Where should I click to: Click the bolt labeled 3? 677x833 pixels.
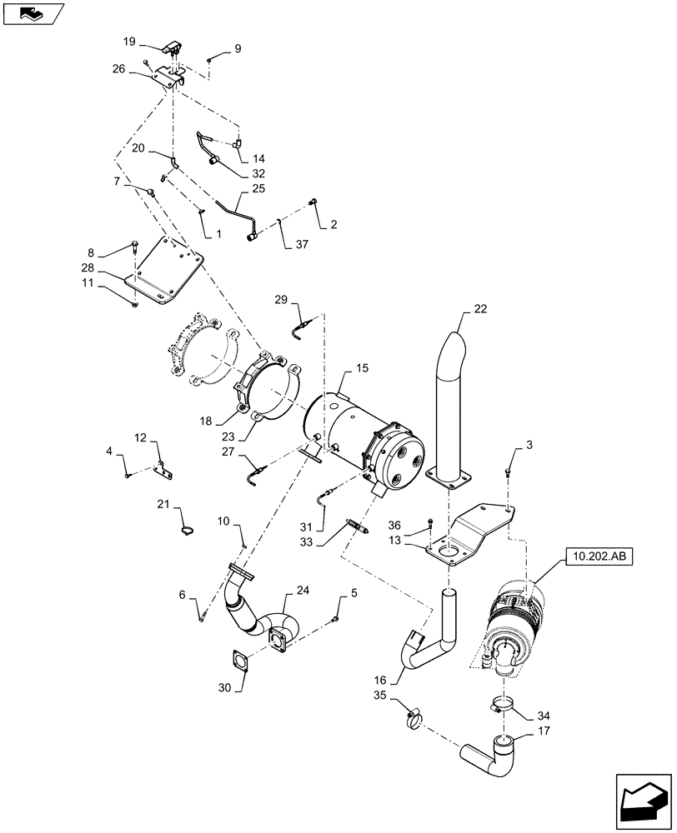tap(507, 472)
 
